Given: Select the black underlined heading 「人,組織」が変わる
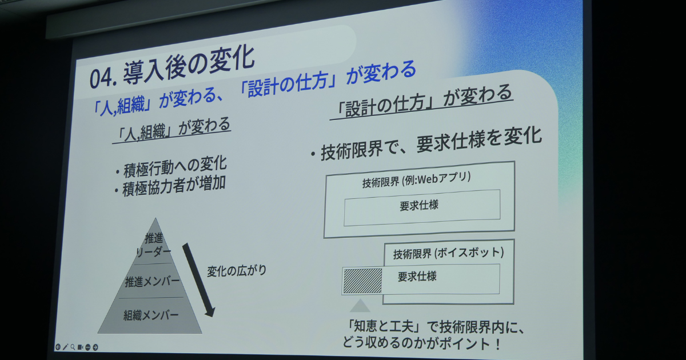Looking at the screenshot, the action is point(173,130).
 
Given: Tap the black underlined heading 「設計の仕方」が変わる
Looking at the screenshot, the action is point(424,101).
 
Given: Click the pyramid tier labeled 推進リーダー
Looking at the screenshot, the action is point(154,245).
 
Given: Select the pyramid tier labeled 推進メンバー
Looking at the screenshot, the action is point(152,281).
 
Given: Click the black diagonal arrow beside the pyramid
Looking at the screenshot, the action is point(198,280).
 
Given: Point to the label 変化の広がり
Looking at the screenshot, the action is point(237,271).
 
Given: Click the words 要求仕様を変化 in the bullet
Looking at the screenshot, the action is point(479,139).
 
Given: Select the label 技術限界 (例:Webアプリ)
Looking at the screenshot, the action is point(417,180).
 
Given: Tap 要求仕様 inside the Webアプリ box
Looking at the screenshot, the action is point(419,205).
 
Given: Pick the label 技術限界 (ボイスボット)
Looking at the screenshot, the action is point(448,253).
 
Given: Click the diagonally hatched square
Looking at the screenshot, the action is point(362,281).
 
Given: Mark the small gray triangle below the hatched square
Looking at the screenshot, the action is point(360,306).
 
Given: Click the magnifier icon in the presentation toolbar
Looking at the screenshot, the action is point(73,347).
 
